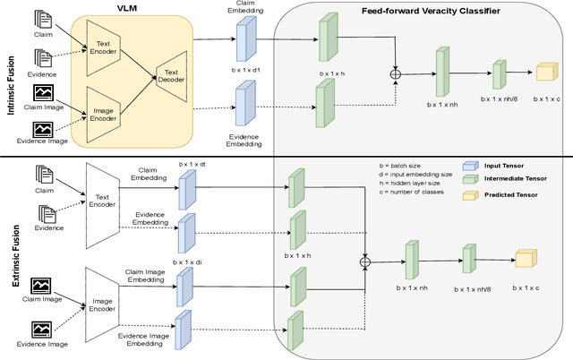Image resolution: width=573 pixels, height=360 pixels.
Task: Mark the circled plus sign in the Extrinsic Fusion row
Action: pos(364,261)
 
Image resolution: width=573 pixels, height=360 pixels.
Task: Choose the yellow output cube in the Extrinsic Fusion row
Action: pos(526,260)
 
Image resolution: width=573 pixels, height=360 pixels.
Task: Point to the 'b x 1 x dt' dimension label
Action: pos(192,164)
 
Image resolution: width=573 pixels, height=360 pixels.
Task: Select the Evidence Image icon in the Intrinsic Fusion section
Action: pos(43,129)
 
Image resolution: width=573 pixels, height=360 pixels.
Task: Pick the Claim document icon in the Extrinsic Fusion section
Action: pos(44,175)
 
